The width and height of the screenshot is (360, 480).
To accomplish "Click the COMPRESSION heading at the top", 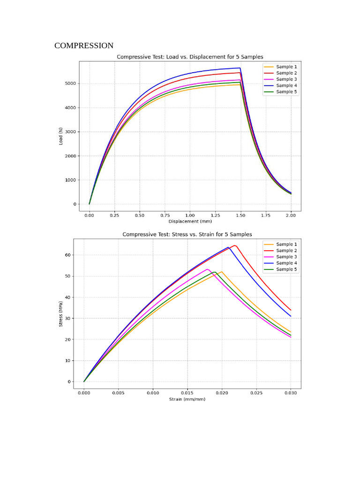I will click(x=84, y=45).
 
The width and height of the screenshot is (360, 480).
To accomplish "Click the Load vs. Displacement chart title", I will click(x=190, y=57).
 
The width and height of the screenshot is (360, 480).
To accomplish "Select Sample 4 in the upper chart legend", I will click(x=286, y=85).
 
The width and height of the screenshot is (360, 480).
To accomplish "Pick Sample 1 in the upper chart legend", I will click(x=286, y=67).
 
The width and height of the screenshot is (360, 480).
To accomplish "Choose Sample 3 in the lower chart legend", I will click(x=286, y=257).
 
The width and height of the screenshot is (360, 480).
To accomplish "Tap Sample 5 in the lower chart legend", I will click(x=286, y=269).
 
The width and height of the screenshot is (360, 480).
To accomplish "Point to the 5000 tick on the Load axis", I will click(x=68, y=83).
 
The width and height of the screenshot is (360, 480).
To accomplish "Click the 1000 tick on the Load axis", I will click(x=68, y=180).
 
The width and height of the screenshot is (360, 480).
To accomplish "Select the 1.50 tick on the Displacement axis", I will click(x=240, y=215).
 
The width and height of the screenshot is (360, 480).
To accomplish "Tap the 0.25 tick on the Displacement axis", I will click(x=114, y=215).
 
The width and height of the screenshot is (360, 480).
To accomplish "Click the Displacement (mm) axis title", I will click(x=190, y=221).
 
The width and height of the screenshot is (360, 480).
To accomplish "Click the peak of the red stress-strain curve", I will click(x=235, y=246).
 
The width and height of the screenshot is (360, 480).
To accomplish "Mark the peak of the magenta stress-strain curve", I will click(x=207, y=269).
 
